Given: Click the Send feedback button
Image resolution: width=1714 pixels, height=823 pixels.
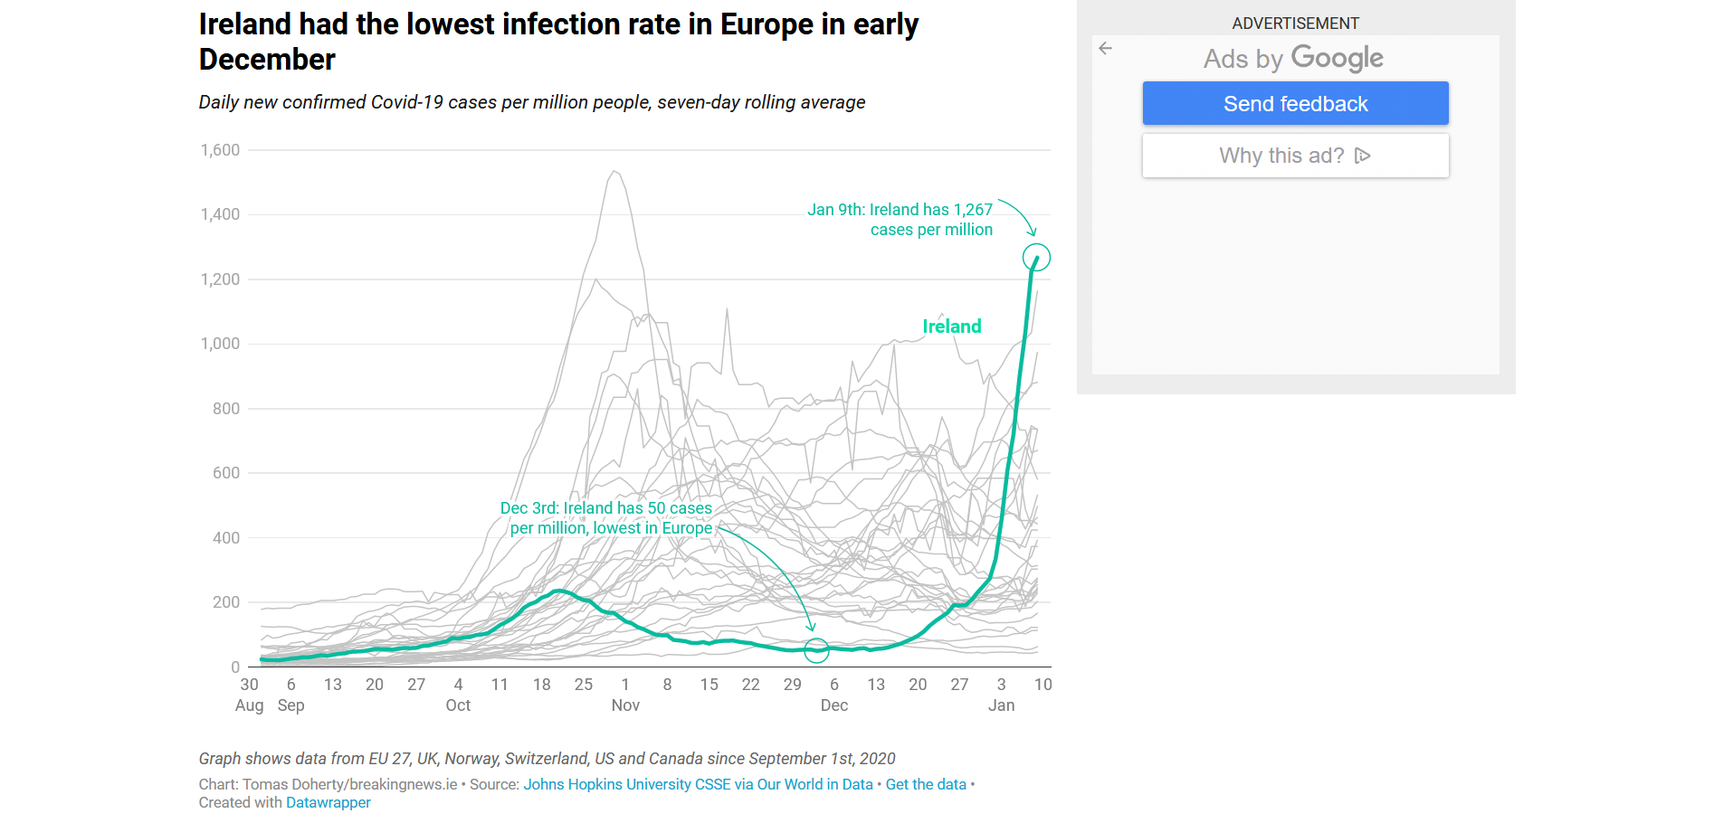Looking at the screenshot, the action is (1295, 103).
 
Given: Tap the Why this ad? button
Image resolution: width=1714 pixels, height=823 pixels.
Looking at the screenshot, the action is (1295, 156).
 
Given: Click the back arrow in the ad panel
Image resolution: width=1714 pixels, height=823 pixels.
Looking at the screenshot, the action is (1105, 49).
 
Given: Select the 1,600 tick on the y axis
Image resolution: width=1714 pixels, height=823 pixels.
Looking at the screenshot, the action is (220, 150).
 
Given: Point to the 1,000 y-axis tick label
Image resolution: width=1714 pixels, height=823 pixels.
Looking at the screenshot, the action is (220, 344).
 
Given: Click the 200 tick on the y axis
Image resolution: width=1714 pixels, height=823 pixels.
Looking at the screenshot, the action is (226, 602).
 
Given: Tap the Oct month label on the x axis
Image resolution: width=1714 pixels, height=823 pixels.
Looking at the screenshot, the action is (458, 705).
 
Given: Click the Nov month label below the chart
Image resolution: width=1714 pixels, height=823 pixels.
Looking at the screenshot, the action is (625, 705).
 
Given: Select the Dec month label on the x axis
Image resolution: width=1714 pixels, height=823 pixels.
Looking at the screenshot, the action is (834, 705).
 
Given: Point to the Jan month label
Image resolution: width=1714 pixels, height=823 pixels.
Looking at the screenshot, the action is (1001, 705).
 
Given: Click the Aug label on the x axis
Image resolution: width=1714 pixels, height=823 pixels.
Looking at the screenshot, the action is (249, 705).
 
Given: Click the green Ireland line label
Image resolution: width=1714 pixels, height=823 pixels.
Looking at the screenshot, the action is (952, 326).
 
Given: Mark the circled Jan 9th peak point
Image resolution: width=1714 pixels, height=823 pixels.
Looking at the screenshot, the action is (1036, 258).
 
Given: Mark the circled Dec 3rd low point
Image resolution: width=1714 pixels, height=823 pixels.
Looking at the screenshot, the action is (816, 649).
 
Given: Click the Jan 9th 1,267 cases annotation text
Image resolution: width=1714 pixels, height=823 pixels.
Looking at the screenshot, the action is (900, 220).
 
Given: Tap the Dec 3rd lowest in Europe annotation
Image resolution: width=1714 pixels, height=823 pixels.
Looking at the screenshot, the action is (606, 518).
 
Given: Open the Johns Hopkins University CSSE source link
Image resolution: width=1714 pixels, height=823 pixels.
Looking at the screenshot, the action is (698, 784).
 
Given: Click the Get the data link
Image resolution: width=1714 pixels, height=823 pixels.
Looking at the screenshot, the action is (926, 784).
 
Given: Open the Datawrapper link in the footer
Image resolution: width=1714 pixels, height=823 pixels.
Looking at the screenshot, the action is (329, 802).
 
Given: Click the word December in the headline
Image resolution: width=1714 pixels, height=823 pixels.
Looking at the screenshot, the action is (267, 60).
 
